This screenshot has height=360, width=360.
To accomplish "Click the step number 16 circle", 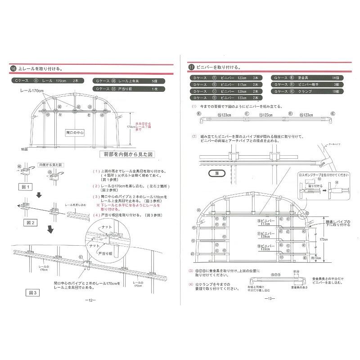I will (13, 69).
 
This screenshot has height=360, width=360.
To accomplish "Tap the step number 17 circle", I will (191, 67).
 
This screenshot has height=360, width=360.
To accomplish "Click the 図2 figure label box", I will (27, 221).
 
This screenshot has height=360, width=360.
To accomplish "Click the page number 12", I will (90, 300).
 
